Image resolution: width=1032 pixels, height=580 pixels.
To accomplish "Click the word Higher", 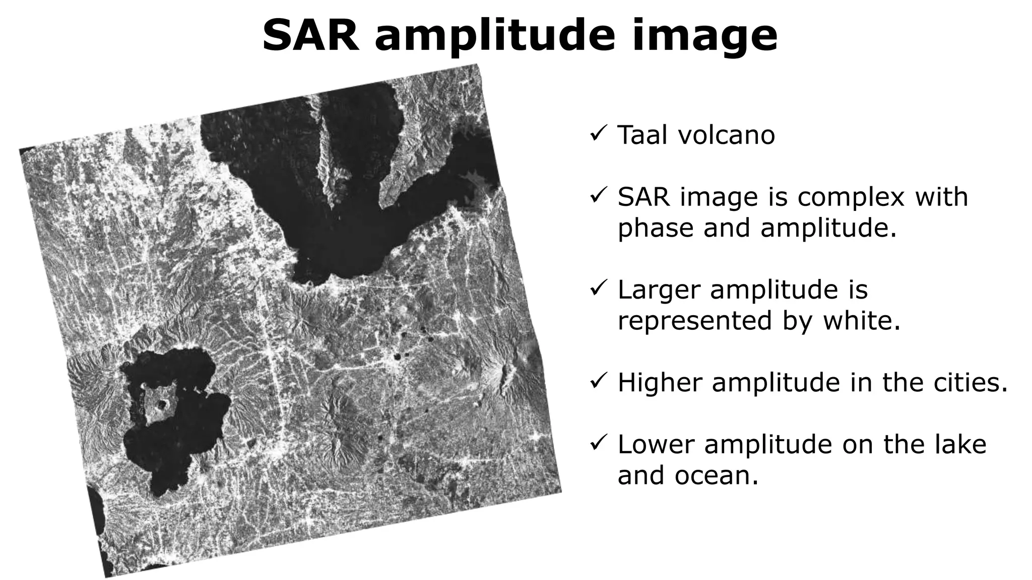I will click(x=660, y=383).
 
